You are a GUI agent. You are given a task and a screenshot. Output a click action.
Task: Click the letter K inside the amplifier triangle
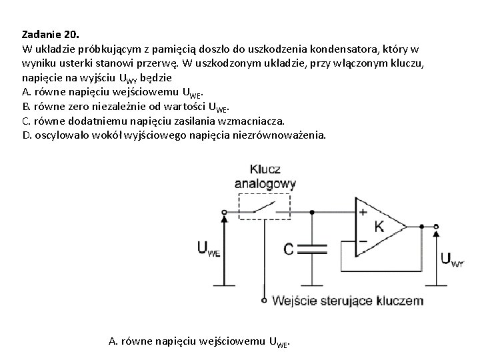pyautogui.click(x=379, y=225)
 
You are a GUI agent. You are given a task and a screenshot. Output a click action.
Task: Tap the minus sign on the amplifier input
pyautogui.click(x=363, y=241)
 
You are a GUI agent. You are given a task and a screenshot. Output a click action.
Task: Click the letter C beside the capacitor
pyautogui.click(x=289, y=249)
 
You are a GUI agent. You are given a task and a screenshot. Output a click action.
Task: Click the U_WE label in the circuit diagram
pyautogui.click(x=208, y=249)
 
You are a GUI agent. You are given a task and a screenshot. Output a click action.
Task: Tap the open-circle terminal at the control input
pyautogui.click(x=265, y=301)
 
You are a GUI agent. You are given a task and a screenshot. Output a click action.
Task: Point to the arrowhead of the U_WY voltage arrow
pyautogui.click(x=437, y=231)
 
